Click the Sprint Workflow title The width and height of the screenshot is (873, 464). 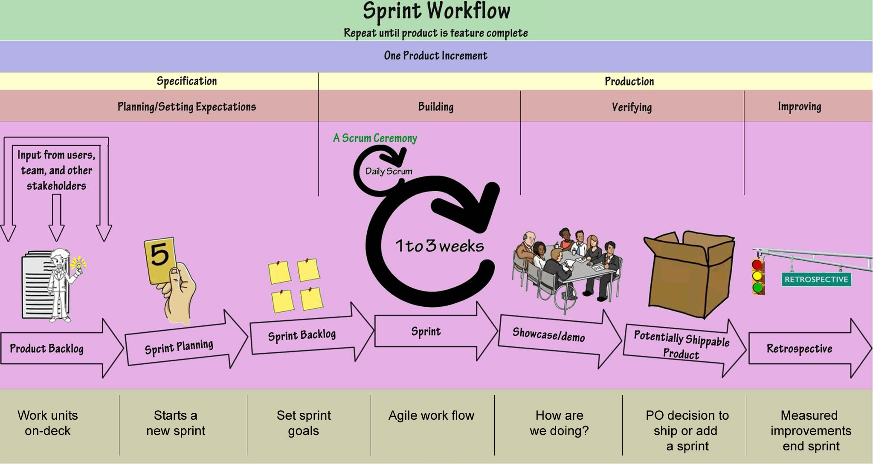click(436, 11)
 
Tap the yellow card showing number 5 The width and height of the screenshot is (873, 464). click(160, 259)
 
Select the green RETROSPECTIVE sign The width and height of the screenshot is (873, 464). click(816, 280)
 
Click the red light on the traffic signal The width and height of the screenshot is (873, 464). click(757, 265)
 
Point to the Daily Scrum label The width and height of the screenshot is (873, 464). click(389, 171)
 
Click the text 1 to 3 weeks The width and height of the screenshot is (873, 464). click(439, 246)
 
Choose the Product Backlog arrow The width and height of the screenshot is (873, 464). click(55, 349)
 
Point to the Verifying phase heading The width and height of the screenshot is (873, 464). click(632, 107)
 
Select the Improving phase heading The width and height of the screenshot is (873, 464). click(799, 107)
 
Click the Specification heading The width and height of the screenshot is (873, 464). click(187, 81)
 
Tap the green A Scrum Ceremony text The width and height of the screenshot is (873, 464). click(375, 138)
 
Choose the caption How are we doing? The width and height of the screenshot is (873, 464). click(559, 423)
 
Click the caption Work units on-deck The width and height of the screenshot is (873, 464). click(48, 423)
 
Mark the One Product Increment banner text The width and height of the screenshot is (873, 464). click(435, 56)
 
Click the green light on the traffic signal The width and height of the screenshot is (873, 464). click(757, 288)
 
